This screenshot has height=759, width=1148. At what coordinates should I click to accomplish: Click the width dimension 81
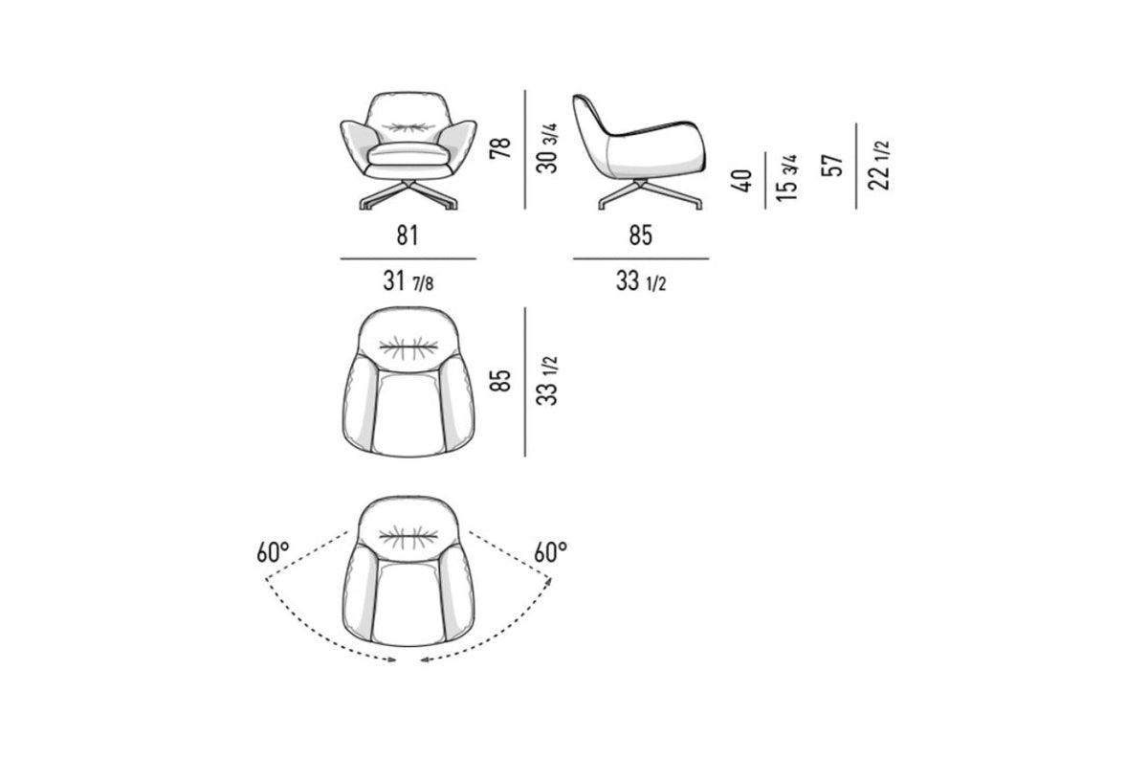(408, 235)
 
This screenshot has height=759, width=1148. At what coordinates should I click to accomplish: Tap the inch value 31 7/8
(408, 281)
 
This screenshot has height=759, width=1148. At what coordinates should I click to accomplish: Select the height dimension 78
(500, 147)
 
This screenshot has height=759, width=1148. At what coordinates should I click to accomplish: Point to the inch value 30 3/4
(548, 148)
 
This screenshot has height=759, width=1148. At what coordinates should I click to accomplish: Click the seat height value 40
(742, 181)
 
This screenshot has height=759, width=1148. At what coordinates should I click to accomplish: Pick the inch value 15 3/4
(786, 177)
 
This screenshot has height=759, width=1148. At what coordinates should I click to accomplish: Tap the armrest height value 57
(832, 165)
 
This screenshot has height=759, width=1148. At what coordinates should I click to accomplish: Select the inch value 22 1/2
(878, 165)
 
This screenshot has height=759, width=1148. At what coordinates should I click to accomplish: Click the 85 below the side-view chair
(641, 235)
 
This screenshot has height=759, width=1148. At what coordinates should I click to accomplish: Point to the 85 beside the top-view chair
(500, 380)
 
